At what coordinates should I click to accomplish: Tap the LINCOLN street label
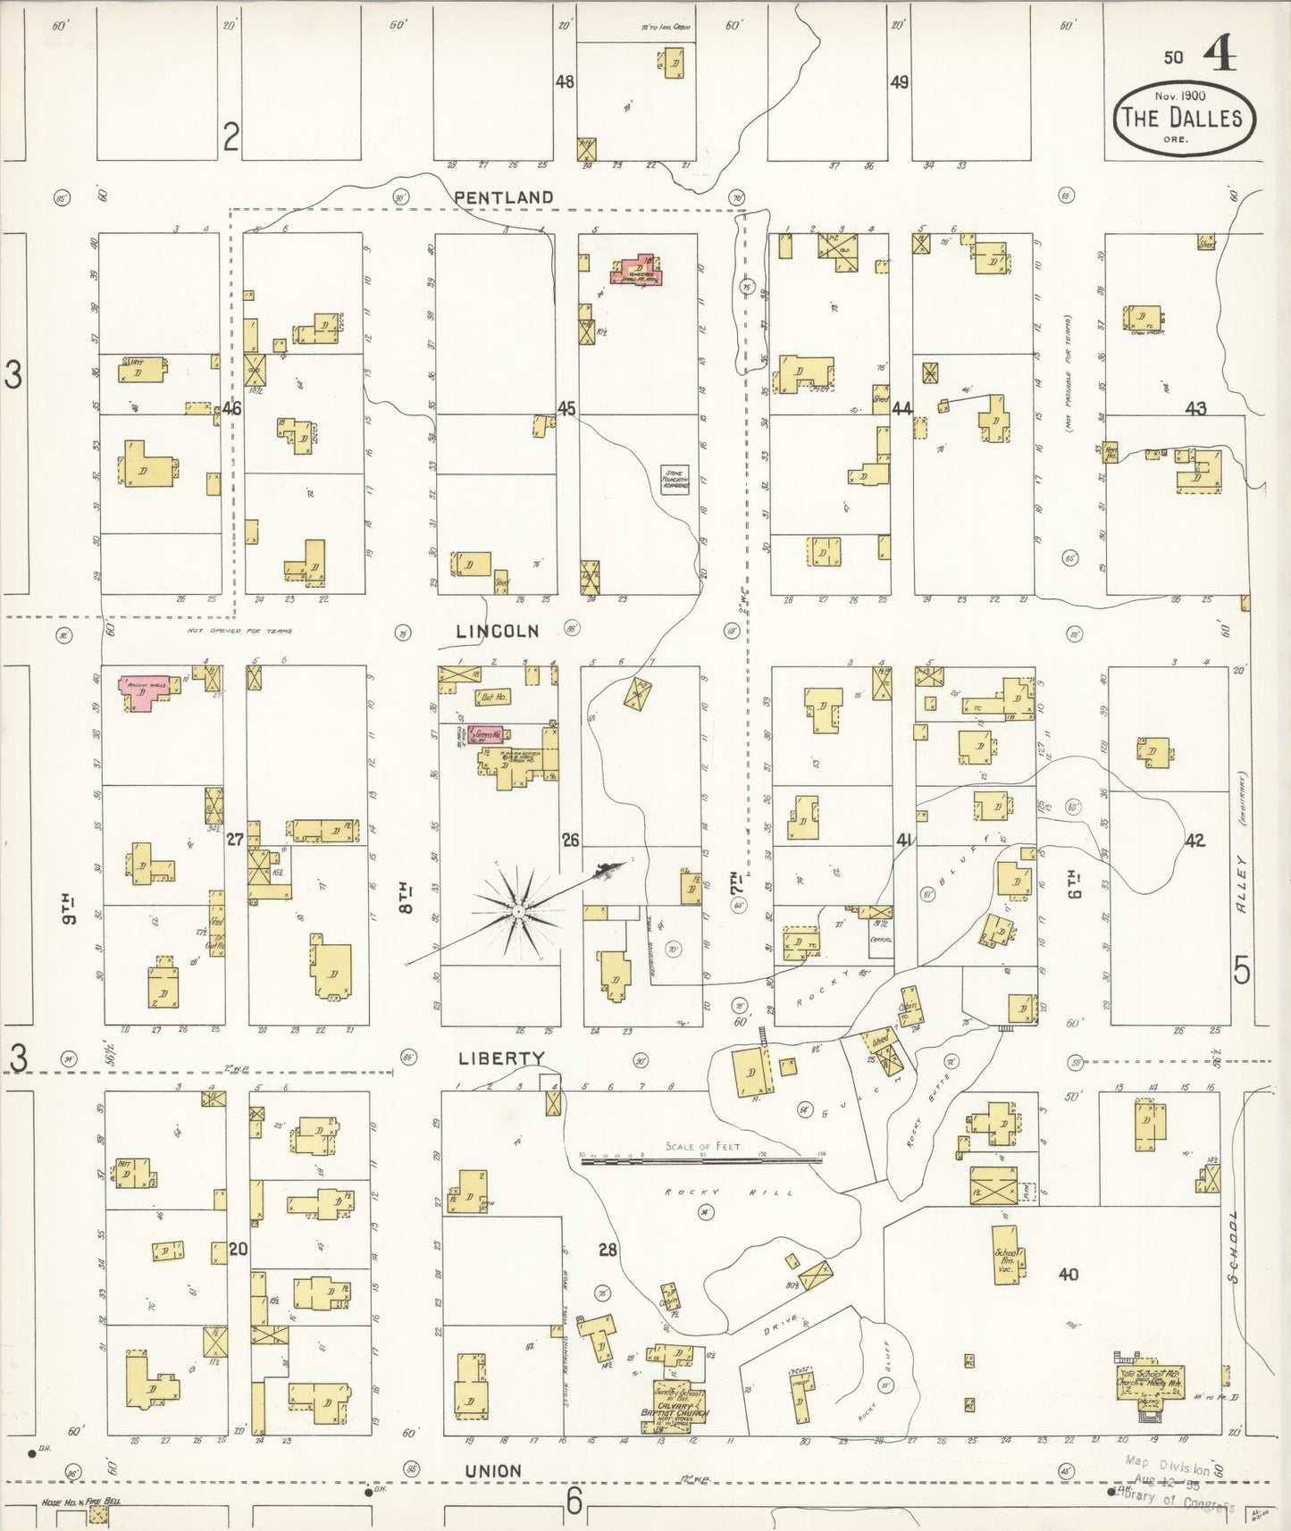point(498,632)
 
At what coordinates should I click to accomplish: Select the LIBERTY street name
point(501,1058)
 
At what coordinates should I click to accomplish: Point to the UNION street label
point(493,1471)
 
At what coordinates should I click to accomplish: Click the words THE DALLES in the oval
point(1182,118)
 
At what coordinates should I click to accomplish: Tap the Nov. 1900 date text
point(1179,96)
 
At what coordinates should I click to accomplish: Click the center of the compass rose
point(517,911)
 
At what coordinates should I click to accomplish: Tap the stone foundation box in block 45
point(675,480)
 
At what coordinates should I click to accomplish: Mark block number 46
point(232,409)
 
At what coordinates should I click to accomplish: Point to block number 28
point(608,1250)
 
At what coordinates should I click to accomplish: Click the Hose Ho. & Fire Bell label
point(80,1501)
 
